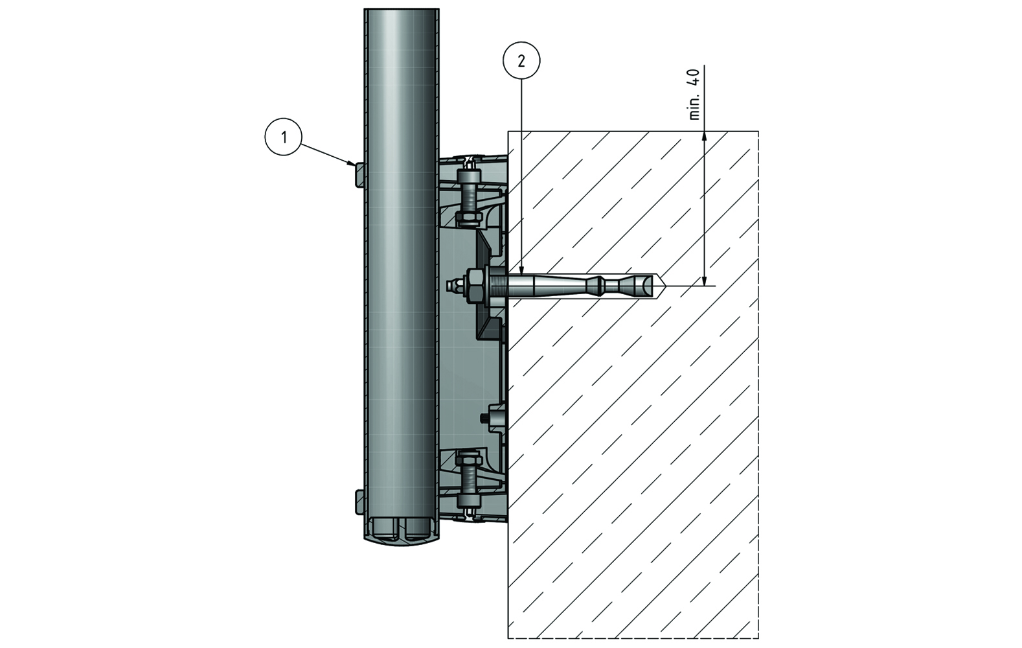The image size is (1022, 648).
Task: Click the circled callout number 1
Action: coord(283,137)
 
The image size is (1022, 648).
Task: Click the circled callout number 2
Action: coord(521,61)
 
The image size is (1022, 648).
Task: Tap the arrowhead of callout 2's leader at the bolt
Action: coord(521,269)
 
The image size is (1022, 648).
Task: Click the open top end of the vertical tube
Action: coord(402,10)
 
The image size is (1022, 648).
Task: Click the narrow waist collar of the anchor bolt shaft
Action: coord(602,285)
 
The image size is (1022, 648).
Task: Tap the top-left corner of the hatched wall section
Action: coord(508,132)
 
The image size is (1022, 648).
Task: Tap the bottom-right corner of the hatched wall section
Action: coord(758,638)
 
